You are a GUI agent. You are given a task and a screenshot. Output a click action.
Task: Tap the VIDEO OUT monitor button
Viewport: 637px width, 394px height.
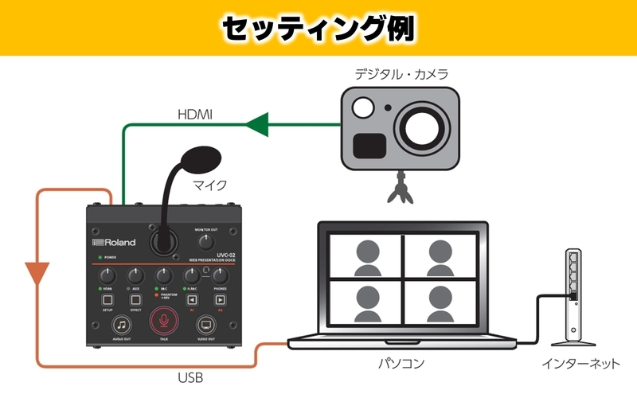tap(206, 323)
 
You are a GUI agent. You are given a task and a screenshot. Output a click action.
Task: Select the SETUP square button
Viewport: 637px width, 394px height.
tap(108, 300)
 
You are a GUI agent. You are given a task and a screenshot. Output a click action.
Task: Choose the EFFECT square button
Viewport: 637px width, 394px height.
tap(135, 300)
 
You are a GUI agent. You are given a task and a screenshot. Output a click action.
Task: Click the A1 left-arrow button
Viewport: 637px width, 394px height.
tap(192, 300)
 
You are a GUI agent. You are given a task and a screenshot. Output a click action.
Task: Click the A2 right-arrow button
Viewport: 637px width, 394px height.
tap(220, 300)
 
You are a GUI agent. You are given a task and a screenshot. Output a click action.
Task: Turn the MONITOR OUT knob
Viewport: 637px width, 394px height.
tap(206, 241)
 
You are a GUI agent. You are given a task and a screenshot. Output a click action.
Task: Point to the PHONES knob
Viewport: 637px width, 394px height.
tap(220, 275)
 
